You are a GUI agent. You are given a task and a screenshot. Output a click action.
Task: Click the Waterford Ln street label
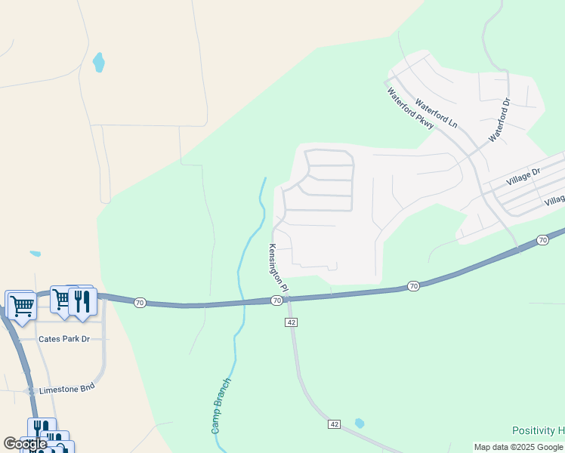point(437,111)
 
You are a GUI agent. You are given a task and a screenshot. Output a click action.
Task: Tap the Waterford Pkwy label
point(410,109)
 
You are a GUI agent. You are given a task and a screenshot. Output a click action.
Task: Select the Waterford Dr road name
point(500,119)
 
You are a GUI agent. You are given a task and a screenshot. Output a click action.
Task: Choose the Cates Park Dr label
point(64,339)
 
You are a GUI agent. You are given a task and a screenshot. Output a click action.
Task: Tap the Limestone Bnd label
point(67,387)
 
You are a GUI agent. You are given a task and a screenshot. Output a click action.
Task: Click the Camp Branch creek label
point(221,405)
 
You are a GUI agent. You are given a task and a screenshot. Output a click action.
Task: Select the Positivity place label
point(538,430)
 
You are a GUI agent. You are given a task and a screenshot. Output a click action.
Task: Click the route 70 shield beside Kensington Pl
point(277,300)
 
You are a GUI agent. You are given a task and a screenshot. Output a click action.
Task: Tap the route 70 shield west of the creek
point(140,302)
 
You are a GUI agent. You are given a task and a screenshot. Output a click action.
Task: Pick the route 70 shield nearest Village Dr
point(542,240)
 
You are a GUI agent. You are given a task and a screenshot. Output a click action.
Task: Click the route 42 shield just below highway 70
point(292,322)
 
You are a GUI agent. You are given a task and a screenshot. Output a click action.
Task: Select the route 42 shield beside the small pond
point(334,424)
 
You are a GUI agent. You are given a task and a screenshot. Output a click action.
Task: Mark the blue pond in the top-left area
point(98,63)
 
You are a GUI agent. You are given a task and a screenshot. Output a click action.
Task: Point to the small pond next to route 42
point(359,424)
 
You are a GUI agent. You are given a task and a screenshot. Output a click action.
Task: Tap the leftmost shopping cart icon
point(20,305)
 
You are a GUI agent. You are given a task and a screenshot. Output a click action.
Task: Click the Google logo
point(25,444)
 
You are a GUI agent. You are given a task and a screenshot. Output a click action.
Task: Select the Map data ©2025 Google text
point(518,447)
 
